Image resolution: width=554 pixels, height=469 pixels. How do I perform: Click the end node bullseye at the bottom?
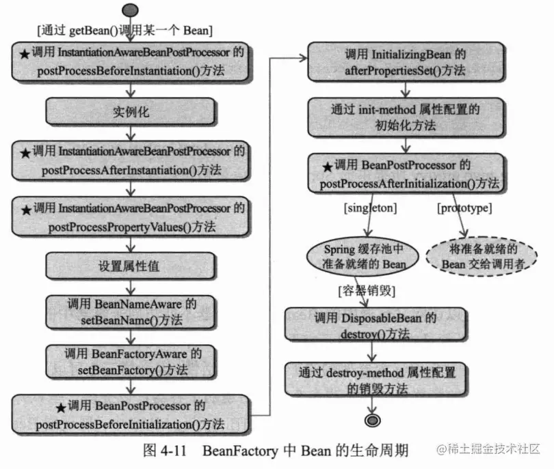[x=373, y=418]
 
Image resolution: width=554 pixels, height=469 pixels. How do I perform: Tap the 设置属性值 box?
[x=130, y=267]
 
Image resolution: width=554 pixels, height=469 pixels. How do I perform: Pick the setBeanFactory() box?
[x=130, y=360]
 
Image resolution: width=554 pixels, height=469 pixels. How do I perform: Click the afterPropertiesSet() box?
[x=408, y=61]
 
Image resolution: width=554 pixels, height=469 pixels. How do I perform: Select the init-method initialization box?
[x=408, y=117]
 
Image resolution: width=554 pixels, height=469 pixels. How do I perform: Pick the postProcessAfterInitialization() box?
[x=408, y=173]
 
